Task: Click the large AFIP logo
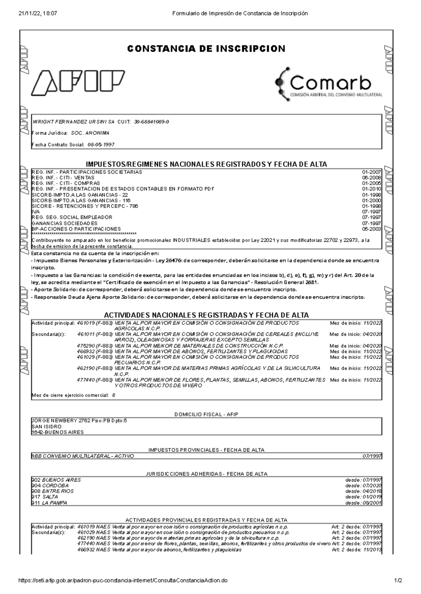(78, 83)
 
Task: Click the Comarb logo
(328, 83)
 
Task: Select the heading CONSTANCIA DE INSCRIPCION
(206, 49)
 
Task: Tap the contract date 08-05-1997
(101, 144)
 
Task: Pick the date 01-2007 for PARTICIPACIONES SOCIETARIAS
(371, 172)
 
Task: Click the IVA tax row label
(36, 212)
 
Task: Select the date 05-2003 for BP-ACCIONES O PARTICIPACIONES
(371, 229)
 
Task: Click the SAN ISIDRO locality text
(46, 426)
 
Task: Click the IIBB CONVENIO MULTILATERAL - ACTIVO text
(83, 456)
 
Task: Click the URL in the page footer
(122, 581)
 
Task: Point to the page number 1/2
(398, 581)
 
